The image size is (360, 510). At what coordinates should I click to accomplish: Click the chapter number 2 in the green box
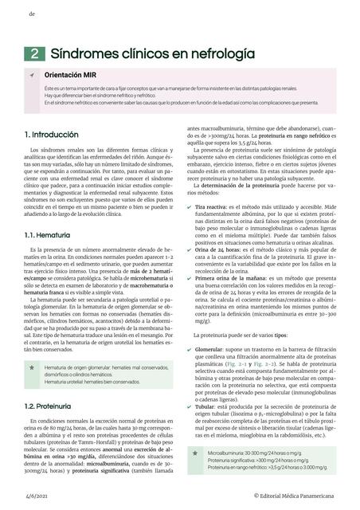36,54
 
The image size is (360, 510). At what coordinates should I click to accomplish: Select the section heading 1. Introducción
51,135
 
